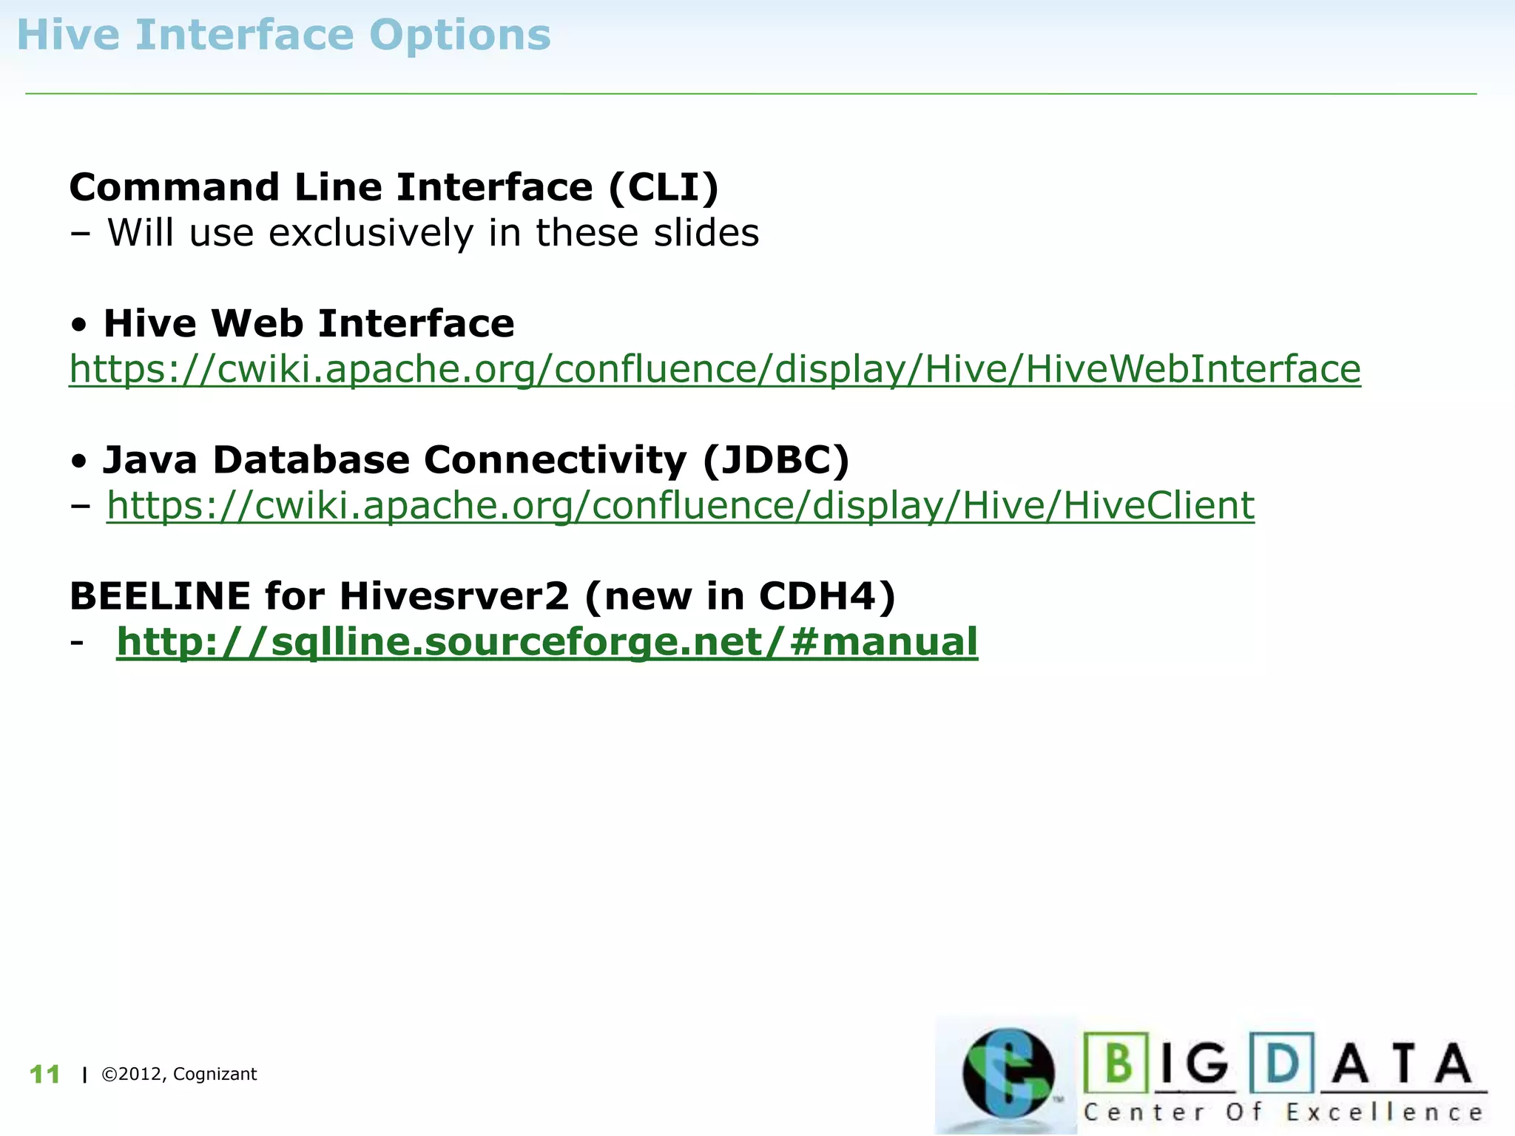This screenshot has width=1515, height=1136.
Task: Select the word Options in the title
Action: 459,36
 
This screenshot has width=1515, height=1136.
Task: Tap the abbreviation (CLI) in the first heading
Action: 664,187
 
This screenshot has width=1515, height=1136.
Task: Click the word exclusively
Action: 370,233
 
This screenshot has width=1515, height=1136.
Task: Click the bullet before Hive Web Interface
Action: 80,325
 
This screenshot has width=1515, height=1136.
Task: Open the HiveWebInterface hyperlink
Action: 715,369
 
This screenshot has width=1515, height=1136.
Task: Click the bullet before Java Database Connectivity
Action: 80,461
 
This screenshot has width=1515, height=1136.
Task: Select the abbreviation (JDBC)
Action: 776,460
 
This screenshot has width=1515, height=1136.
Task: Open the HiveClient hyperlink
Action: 681,506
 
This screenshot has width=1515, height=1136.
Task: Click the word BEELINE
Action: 160,596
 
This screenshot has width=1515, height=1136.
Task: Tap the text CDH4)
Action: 827,596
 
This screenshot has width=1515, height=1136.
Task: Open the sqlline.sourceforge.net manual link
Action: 547,642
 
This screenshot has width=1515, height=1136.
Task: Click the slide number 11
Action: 44,1075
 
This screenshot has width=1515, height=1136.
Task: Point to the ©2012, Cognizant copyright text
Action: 179,1075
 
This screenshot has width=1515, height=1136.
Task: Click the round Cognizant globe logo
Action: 1008,1073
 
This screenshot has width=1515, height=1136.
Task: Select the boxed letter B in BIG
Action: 1117,1064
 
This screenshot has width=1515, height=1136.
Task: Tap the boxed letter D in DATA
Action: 1282,1064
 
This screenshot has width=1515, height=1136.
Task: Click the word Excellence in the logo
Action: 1384,1112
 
